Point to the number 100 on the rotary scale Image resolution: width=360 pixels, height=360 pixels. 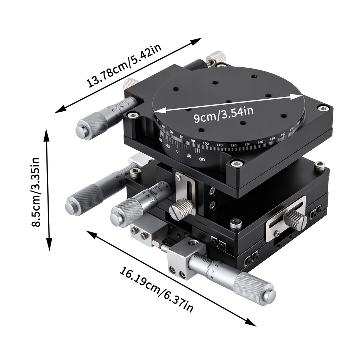point(206,144)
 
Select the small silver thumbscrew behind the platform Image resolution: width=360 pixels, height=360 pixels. point(216,57)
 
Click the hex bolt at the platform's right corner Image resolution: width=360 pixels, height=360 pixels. point(323,108)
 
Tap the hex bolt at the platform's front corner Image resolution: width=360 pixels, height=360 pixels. point(237,164)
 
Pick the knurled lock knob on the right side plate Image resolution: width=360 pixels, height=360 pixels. point(295,219)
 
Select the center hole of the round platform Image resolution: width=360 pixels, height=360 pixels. point(229,102)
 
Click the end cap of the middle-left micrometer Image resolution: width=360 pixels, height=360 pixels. point(71,208)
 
